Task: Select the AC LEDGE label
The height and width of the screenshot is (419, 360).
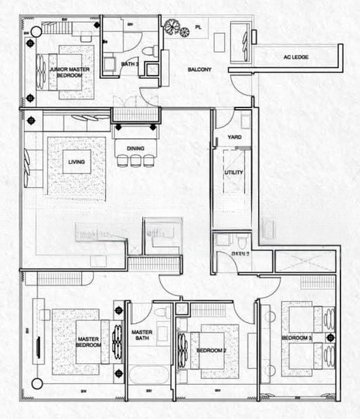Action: [x=296, y=57]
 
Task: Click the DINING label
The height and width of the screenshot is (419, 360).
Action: [x=134, y=147]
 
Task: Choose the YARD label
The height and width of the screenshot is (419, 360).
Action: [x=234, y=137]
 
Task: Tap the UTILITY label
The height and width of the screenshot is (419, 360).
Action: [x=234, y=172]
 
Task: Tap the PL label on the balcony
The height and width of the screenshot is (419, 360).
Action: [x=198, y=27]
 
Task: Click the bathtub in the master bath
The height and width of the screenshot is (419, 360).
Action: [x=149, y=376]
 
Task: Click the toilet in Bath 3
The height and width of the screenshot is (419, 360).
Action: [x=147, y=51]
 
